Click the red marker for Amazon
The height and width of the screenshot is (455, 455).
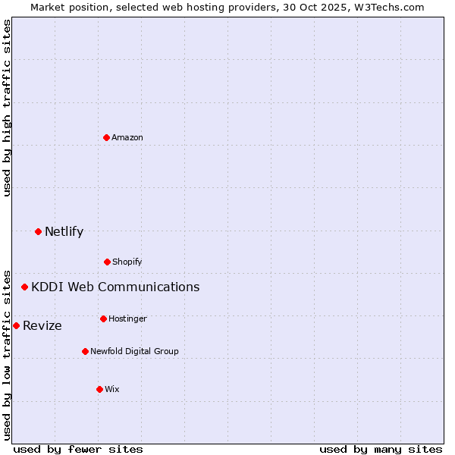107,137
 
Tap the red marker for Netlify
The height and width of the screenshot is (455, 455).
38,231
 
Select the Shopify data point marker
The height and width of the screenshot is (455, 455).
107,262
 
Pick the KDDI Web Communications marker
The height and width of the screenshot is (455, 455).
25,287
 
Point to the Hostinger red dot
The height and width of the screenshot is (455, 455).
103,318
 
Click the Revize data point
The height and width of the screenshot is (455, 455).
16,325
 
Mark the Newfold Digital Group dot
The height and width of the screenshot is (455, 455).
85,351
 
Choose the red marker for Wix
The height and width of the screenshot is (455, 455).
99,389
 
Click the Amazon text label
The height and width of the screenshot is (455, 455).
127,137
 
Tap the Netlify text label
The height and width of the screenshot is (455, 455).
64,231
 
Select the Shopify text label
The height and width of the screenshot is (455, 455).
127,262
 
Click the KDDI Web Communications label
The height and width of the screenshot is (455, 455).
115,287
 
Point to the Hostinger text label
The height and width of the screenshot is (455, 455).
127,318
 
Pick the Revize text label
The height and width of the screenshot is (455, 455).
42,325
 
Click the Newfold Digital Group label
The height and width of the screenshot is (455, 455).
134,351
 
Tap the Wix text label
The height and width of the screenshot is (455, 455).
112,389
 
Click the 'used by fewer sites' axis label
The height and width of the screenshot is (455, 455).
78,449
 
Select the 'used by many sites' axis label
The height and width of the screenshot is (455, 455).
381,449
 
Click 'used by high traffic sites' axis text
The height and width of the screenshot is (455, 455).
7,108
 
